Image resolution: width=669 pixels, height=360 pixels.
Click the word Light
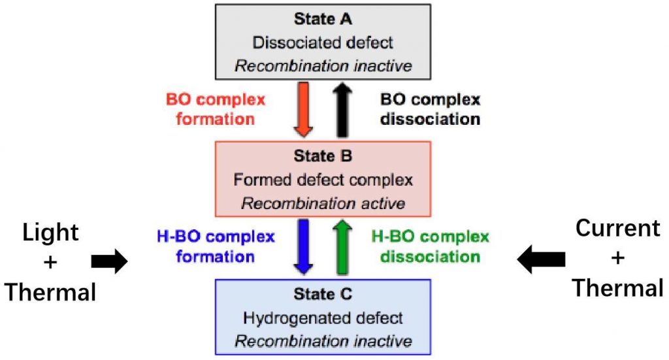50,233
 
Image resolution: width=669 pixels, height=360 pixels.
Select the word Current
618,228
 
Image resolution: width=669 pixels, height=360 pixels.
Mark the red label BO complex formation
216,110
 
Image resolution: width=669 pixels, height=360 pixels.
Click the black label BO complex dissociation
431,110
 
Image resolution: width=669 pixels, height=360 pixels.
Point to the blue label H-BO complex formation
216,246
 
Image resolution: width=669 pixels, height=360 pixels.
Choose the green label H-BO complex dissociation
432,246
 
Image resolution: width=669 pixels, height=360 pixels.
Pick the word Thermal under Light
50,291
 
